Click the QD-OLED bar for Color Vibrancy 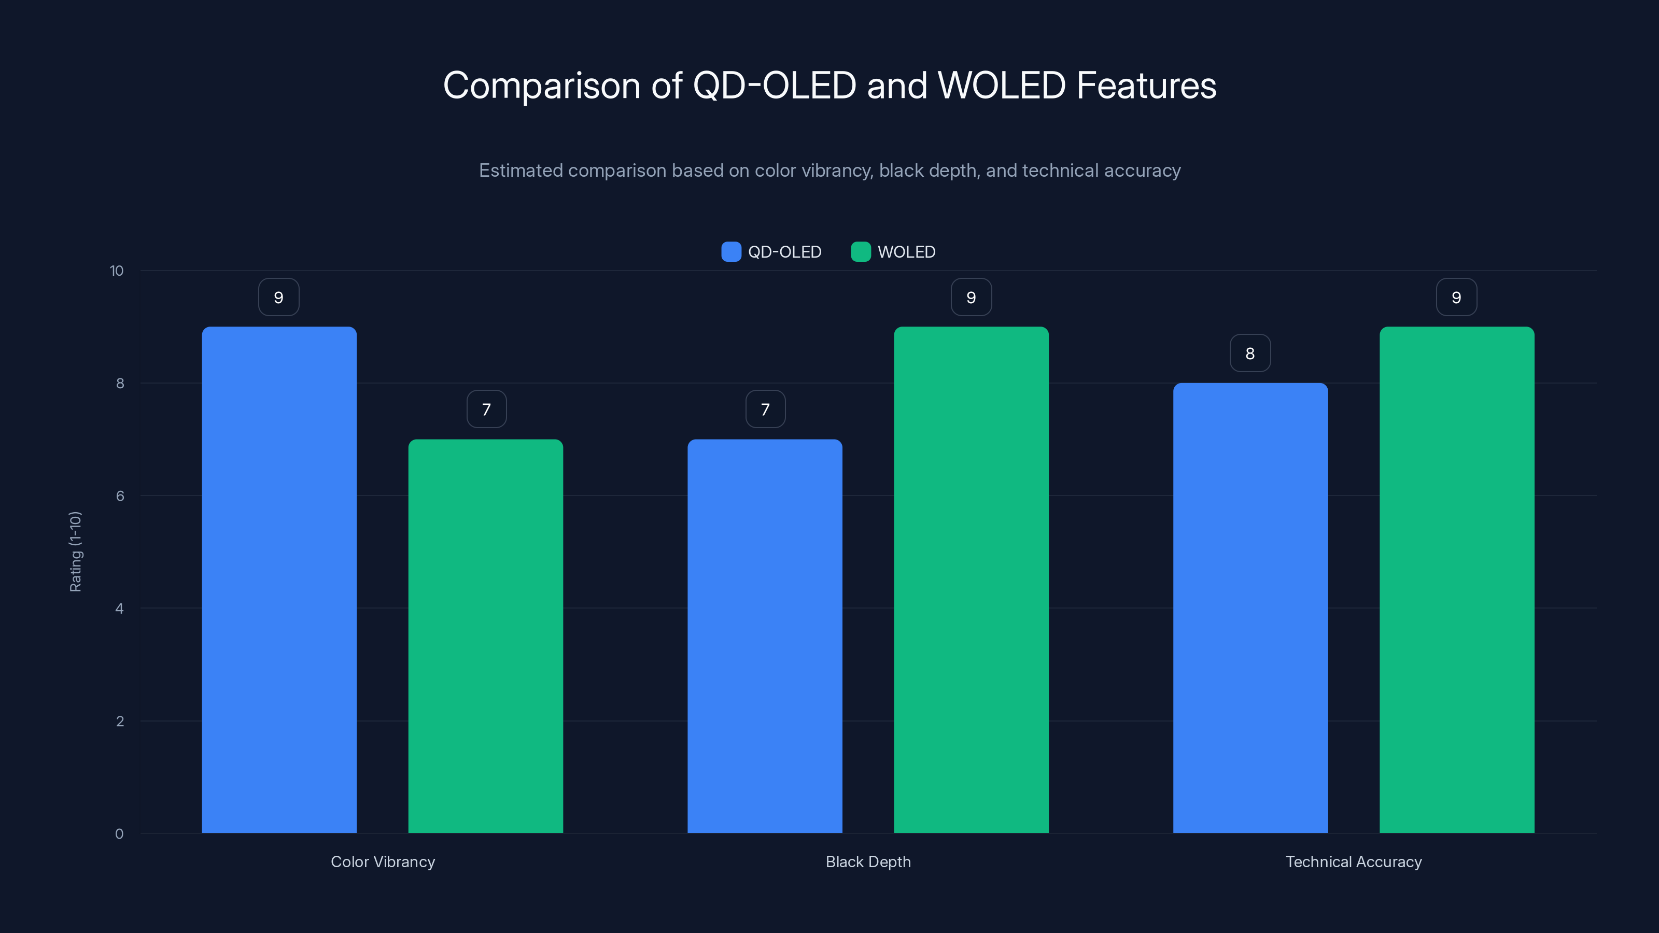pos(279,579)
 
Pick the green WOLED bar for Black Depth pos(971,579)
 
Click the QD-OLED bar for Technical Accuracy pos(1250,608)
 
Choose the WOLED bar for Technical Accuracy pos(1457,579)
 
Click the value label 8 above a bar pos(1250,353)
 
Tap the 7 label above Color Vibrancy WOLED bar pos(486,409)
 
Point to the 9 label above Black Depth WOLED pos(971,297)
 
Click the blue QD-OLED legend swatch pos(731,252)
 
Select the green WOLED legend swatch pos(861,252)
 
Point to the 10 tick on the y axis pos(117,271)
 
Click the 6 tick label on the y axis pos(120,496)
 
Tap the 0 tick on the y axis pos(119,834)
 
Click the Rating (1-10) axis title pos(75,552)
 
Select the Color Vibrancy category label pos(383,861)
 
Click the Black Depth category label pos(868,861)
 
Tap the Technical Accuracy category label pos(1353,861)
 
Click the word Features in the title pos(1146,86)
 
